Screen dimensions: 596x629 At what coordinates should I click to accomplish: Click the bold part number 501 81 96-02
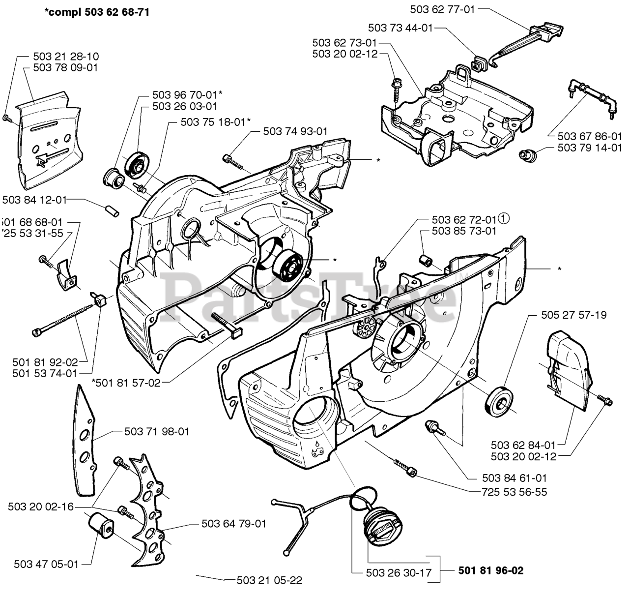(490, 570)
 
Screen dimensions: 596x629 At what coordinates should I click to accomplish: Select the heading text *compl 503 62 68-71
(96, 12)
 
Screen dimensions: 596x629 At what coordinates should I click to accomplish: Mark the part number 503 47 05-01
(46, 564)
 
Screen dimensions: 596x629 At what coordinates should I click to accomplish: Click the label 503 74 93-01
(295, 131)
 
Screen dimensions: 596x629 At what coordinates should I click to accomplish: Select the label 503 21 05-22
(269, 580)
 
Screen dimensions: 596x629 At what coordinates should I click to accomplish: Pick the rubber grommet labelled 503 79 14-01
(527, 154)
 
